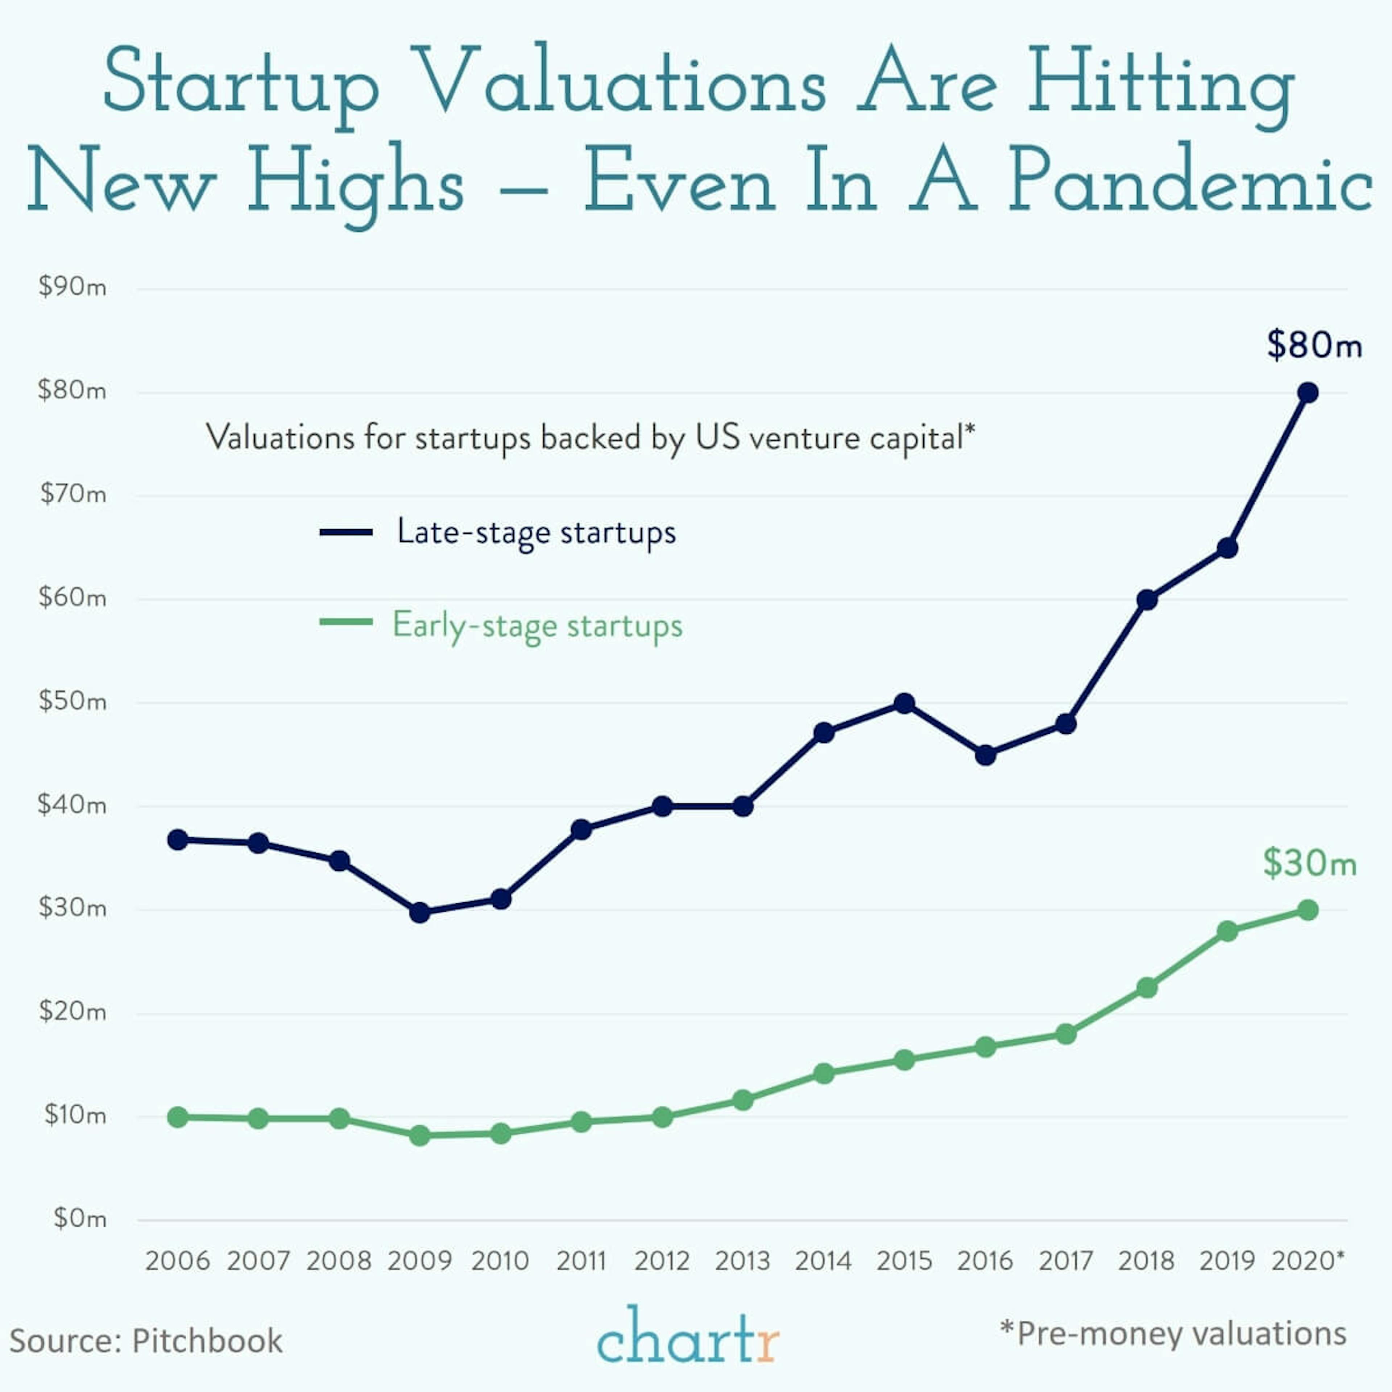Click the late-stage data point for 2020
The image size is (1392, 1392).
tap(1308, 393)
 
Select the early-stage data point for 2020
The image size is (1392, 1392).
tap(1308, 910)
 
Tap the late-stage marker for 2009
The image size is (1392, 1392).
tap(420, 913)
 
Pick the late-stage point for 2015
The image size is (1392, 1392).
tap(905, 703)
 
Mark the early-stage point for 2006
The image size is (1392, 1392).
tap(178, 1118)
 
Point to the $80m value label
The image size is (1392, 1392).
tap(1314, 345)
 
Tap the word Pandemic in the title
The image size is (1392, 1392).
tap(1189, 180)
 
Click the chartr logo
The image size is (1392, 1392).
tap(688, 1338)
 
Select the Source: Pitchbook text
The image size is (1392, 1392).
tap(146, 1341)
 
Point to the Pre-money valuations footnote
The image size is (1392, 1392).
tap(1173, 1334)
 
